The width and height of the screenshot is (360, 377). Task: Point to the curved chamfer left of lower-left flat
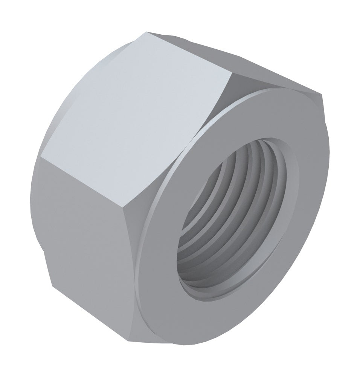pos(36,211)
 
